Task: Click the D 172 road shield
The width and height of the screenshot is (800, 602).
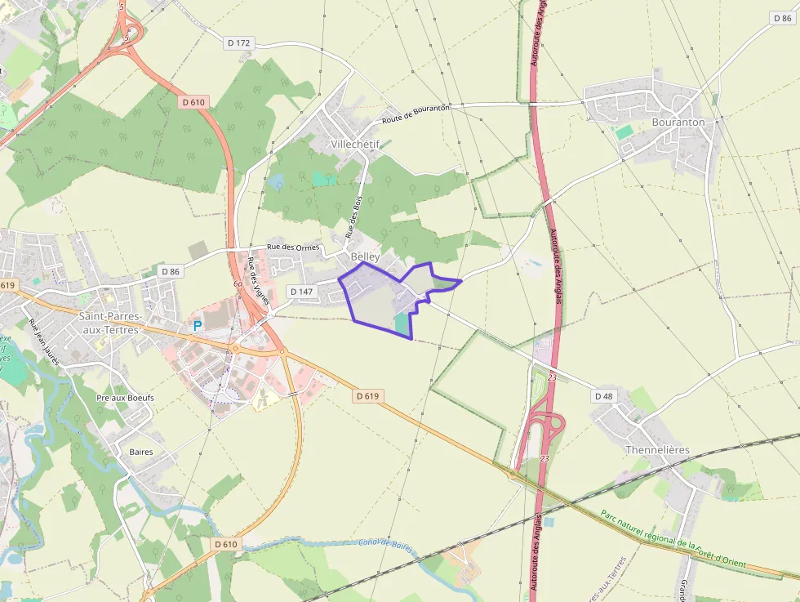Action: click(238, 42)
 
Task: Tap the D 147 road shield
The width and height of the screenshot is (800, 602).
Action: click(300, 292)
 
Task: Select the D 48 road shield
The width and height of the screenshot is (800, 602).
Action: click(603, 396)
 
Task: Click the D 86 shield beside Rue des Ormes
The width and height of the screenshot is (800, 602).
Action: click(170, 271)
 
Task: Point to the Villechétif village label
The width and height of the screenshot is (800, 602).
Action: click(356, 144)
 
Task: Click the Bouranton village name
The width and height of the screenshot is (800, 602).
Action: click(678, 123)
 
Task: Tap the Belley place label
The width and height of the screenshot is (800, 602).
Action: click(365, 256)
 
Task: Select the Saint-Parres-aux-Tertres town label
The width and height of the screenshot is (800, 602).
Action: click(110, 322)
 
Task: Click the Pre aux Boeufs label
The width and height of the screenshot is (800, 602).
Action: click(125, 398)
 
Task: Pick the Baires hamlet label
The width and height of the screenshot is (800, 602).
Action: click(140, 451)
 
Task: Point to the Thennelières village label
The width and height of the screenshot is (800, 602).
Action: click(657, 450)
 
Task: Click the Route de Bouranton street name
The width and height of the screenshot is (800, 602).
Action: click(416, 114)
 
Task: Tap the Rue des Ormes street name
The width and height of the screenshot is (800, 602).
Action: click(293, 247)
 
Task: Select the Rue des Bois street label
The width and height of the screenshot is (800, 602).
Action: click(354, 216)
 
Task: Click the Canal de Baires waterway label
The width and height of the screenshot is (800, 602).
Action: click(387, 544)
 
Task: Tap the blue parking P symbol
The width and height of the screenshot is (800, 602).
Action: click(197, 325)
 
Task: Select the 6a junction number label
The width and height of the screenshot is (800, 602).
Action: click(238, 284)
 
